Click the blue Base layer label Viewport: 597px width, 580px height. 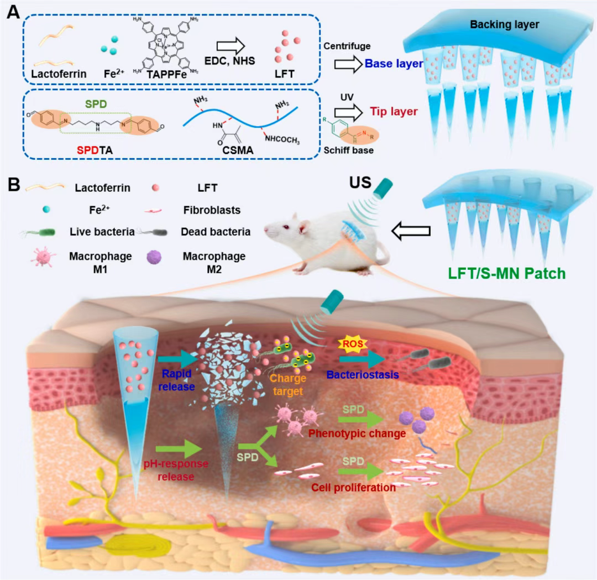pos(394,64)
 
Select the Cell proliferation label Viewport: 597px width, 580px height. pos(353,487)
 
